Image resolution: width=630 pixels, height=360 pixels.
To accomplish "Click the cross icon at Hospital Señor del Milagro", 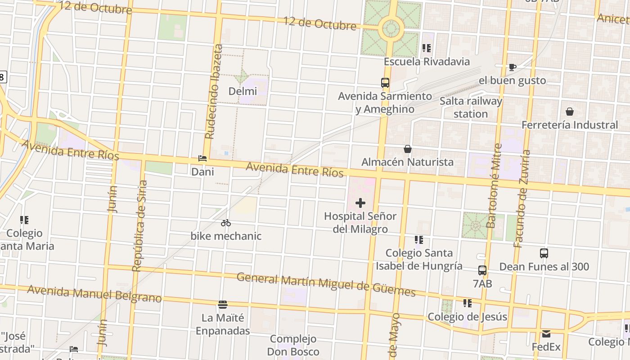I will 360,203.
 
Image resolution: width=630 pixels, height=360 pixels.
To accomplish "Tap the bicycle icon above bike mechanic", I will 226,223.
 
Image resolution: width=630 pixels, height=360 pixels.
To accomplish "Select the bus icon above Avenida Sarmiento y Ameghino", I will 385,83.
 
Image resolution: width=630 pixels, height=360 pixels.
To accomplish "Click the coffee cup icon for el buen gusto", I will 512,67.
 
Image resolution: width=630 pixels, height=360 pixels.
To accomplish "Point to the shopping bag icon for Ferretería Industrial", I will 570,112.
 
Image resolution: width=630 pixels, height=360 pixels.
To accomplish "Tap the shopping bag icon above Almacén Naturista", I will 408,149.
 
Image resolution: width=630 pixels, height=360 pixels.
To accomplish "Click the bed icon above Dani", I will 202,159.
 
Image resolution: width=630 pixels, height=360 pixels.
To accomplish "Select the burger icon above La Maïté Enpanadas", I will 223,305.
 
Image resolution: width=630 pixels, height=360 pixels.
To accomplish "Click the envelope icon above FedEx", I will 546,334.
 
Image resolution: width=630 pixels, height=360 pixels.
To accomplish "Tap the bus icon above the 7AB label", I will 482,270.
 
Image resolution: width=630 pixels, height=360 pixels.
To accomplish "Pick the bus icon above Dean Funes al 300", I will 544,253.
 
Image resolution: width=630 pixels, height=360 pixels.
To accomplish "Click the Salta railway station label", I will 471,108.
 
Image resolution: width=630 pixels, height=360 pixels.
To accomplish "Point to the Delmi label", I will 243,91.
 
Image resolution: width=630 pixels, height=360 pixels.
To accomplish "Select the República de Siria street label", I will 140,226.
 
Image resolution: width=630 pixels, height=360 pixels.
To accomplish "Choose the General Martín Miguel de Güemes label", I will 326,284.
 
